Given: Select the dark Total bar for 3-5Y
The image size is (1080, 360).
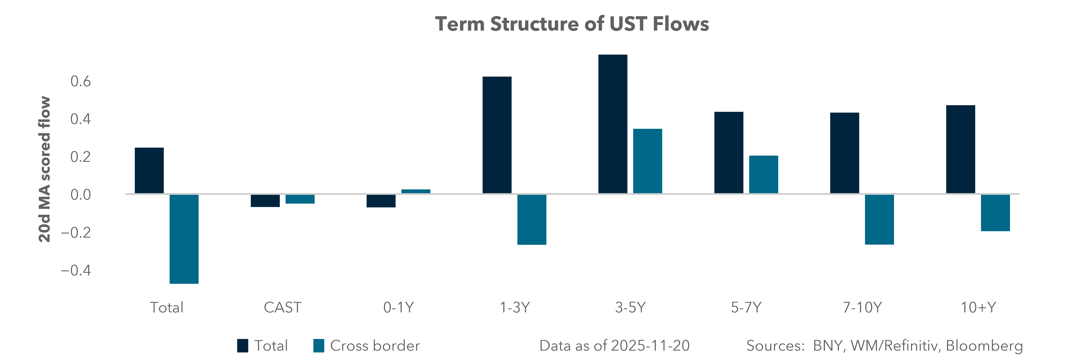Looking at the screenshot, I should point(613,124).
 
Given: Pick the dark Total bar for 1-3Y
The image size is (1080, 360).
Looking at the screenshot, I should point(497,135).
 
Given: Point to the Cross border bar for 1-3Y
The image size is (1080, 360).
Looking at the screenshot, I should point(532,219).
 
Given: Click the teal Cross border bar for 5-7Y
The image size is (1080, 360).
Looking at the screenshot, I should point(763,174).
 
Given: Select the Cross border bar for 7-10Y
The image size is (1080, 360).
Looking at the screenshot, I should point(879,219).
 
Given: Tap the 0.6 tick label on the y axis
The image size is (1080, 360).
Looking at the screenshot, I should point(80,81).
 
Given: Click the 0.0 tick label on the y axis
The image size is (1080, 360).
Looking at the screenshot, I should point(80,195).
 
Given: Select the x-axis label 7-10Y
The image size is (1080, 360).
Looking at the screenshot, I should point(862,308).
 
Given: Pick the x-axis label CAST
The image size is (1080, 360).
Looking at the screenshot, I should point(282,308).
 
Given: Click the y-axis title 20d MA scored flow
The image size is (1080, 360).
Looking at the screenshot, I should point(44,169).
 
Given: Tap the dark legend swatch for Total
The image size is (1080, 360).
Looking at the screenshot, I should point(242,346).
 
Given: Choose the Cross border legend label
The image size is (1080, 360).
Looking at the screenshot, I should point(375,346).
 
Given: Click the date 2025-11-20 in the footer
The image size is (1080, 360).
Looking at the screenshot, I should point(650,346).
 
